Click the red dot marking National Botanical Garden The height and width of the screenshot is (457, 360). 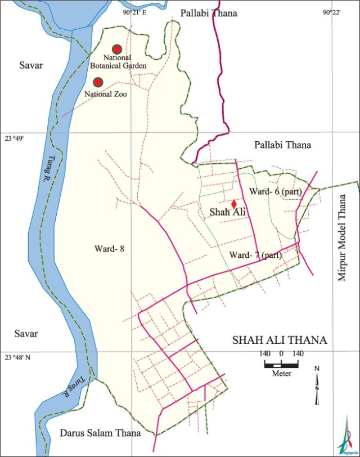pyautogui.click(x=117, y=49)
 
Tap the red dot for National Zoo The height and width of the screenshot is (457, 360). pyautogui.click(x=98, y=82)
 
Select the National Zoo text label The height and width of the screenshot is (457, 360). pyautogui.click(x=105, y=95)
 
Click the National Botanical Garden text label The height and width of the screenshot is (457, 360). pyautogui.click(x=125, y=62)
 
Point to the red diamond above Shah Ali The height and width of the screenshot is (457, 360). pyautogui.click(x=233, y=204)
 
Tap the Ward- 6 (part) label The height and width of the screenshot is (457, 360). pyautogui.click(x=276, y=192)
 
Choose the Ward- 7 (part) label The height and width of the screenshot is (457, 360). pyautogui.click(x=255, y=255)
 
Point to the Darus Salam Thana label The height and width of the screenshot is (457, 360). pyautogui.click(x=100, y=433)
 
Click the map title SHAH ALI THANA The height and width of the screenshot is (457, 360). pyautogui.click(x=280, y=340)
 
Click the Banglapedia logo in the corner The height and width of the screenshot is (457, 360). pyautogui.click(x=346, y=436)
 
